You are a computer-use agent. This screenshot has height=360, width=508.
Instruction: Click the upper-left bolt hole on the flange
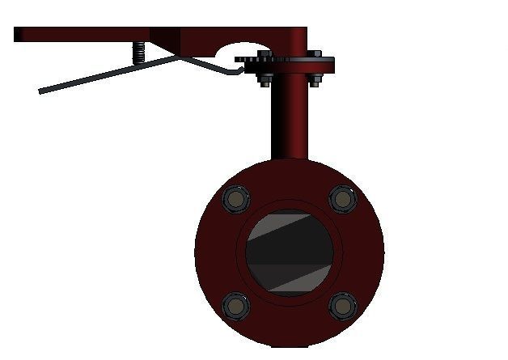coord(236,197)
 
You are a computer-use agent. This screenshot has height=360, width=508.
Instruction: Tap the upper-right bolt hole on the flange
coord(342,197)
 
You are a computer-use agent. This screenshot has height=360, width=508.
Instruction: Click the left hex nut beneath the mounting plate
coord(264,78)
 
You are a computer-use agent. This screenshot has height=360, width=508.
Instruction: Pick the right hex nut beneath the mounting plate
coord(315,78)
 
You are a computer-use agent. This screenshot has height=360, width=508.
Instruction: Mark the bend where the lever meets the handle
coord(180,57)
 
